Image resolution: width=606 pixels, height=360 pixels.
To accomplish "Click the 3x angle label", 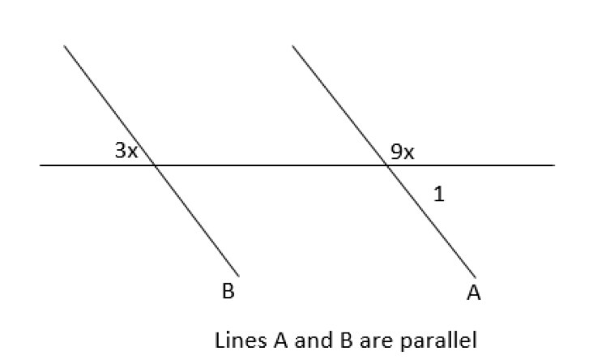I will [x=126, y=151].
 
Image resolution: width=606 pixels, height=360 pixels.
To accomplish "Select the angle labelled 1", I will [x=438, y=194].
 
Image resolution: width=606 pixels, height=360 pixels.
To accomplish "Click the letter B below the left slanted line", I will [x=228, y=292].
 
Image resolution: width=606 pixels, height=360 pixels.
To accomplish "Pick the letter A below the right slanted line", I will [x=473, y=293].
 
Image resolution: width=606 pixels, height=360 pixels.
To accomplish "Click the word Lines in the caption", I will [x=235, y=340].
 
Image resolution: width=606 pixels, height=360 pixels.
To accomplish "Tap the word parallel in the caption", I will [x=446, y=340].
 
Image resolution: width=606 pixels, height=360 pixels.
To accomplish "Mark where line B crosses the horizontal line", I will [x=155, y=165].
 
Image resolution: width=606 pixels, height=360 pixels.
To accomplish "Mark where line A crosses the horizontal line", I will [x=386, y=165].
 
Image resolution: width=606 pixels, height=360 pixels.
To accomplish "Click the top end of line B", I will [x=65, y=45].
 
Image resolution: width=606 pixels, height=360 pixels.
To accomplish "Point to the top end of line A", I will [x=292, y=45].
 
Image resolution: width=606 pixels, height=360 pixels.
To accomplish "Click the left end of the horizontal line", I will [x=41, y=165].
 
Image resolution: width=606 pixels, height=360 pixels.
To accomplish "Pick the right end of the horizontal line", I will [x=554, y=165].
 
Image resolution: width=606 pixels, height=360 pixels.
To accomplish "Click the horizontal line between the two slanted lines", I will [x=271, y=165].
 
